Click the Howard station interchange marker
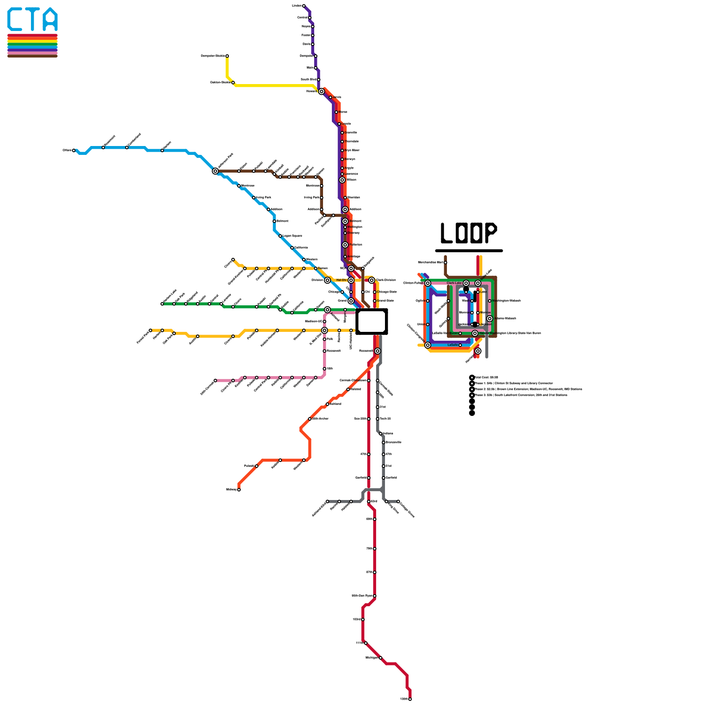tap(321, 92)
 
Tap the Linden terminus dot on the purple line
tap(304, 6)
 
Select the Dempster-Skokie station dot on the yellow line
tap(227, 56)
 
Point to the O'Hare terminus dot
tap(74, 150)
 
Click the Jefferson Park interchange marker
tap(215, 171)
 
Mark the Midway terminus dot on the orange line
tap(239, 489)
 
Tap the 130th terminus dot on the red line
tap(410, 699)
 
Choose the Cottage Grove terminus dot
tap(398, 501)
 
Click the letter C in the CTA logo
tap(17, 19)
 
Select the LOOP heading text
tap(469, 233)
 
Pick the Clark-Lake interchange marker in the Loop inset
tap(466, 283)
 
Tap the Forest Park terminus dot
tap(150, 330)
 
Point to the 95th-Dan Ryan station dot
tap(375, 596)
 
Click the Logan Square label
tap(292, 236)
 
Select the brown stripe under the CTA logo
tap(32, 56)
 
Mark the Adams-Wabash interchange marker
tap(489, 319)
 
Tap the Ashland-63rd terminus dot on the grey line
tap(327, 501)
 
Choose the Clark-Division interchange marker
tap(372, 280)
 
